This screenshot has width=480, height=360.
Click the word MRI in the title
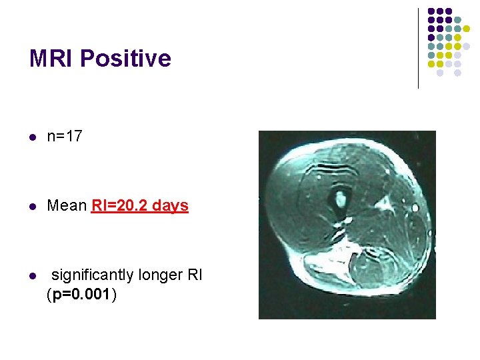click(51, 59)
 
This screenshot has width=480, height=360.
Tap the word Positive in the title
click(125, 59)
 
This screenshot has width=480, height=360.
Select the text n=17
click(65, 137)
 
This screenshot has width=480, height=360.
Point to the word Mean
click(67, 205)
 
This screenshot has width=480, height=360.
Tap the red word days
click(170, 205)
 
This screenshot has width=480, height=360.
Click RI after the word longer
click(195, 274)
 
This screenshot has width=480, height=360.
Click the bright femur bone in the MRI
click(341, 197)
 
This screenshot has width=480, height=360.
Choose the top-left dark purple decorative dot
click(431, 12)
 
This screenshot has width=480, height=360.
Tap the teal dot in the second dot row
click(457, 21)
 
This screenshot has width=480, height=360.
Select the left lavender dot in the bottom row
click(440, 73)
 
